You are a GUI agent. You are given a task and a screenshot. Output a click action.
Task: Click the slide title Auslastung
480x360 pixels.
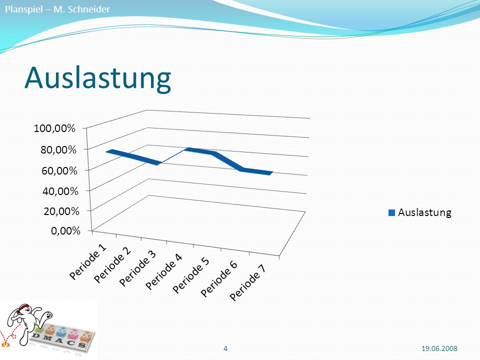[x=97, y=78]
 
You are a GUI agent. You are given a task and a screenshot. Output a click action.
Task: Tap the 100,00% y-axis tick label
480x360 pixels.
[x=54, y=128]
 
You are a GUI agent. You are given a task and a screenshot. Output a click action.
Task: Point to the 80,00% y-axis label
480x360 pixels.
[x=58, y=149]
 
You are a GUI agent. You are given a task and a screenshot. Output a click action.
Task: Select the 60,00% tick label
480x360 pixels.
[x=59, y=170]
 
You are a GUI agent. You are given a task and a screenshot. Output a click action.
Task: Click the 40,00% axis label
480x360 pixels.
[x=60, y=191]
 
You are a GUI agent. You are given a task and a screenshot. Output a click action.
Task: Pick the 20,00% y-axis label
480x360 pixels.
[x=61, y=211]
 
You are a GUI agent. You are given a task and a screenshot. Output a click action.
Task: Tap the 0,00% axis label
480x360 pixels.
[x=65, y=230]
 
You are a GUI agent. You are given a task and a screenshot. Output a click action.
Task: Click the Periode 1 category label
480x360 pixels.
[x=88, y=262]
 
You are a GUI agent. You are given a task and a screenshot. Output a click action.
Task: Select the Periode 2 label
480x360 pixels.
[x=112, y=265]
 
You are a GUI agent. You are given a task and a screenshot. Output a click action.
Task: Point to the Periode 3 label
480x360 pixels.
[x=138, y=268]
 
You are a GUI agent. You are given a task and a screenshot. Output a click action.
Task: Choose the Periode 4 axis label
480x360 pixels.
[x=164, y=272]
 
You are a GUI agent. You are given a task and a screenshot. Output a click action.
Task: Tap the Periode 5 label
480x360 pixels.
[x=191, y=275]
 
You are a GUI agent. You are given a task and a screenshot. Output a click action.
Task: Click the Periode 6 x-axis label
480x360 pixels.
[x=219, y=279]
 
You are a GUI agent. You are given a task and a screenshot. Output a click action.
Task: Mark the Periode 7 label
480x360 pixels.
[x=248, y=283]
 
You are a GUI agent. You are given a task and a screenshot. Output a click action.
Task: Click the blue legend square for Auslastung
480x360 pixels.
[x=391, y=213]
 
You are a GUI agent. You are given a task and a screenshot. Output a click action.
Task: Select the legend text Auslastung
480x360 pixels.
[x=424, y=212]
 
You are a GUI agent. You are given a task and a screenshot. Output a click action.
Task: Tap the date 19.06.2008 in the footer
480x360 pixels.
[x=439, y=348]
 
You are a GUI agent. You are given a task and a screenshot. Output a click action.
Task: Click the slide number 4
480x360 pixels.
[x=225, y=348]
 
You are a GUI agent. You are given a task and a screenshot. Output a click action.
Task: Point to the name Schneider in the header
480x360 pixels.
[x=89, y=9]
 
